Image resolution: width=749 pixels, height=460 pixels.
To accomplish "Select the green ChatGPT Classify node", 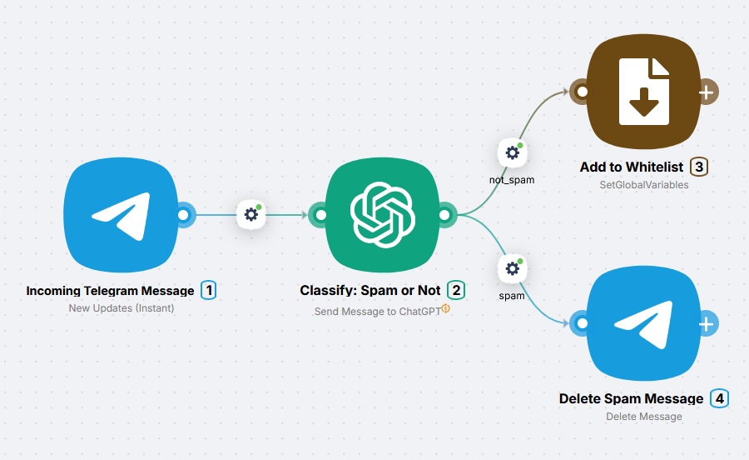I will [382, 215].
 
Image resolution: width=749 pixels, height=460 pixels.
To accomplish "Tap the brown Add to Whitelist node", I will [643, 92].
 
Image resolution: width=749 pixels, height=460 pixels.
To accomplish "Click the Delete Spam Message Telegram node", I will [643, 323].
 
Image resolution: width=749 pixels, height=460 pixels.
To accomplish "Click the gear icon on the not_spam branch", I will [512, 152].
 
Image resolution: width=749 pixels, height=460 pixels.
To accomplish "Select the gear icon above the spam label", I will [512, 269].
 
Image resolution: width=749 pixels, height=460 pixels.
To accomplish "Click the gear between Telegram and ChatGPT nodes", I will [250, 214].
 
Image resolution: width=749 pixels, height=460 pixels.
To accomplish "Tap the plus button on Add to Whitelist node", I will [707, 92].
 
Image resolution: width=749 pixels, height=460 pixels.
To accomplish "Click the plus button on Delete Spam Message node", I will [707, 323].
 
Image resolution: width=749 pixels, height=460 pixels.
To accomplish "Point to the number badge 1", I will [208, 290].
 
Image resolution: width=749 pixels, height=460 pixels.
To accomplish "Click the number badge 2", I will [455, 290].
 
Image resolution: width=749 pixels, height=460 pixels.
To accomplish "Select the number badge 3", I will [698, 167].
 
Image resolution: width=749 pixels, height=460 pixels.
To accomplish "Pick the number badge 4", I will [719, 398].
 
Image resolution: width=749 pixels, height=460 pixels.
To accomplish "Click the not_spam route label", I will [512, 179].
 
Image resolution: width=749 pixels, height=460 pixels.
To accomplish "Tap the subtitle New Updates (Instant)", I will [122, 308].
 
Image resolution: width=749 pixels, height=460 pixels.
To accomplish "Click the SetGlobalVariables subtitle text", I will [643, 185].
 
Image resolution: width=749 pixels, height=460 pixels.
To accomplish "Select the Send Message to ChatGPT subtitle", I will [379, 312].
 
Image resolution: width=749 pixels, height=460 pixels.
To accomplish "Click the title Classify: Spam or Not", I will [370, 291].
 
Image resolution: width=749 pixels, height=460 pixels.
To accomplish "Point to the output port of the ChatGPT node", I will [446, 215].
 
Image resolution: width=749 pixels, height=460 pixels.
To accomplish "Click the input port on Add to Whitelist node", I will [582, 92].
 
